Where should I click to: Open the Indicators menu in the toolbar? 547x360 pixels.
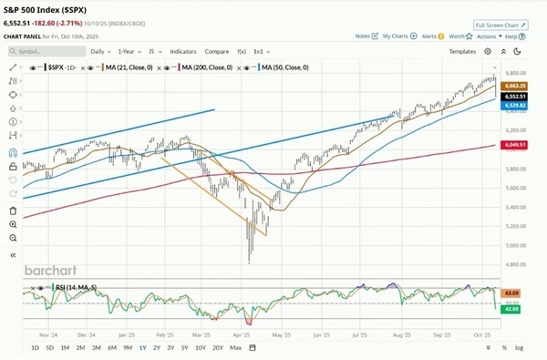click(183, 52)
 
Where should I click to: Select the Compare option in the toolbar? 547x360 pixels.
click(217, 52)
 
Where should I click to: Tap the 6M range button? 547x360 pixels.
click(112, 348)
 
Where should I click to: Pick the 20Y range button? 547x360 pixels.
click(217, 348)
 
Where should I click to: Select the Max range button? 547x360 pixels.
click(236, 348)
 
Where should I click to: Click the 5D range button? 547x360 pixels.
click(49, 348)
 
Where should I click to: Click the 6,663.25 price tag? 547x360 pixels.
click(511, 85)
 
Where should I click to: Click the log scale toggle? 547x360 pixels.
click(520, 348)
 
